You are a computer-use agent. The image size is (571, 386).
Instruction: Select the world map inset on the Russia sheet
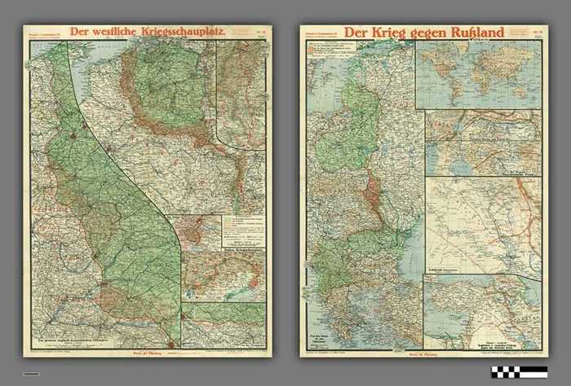[477, 74]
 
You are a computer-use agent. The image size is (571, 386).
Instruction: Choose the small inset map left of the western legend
[201, 232]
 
